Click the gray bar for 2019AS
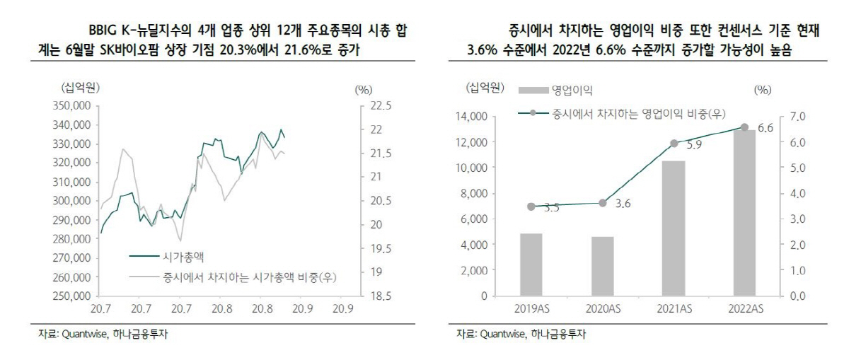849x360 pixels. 531,265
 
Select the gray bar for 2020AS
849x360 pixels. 602,266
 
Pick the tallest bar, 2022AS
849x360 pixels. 744,213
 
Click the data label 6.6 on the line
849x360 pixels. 765,128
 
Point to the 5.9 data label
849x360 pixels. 694,145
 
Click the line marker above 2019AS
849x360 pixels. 531,207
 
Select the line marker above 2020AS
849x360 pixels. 602,203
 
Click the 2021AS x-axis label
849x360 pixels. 673,309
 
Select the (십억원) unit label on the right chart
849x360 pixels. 485,88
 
